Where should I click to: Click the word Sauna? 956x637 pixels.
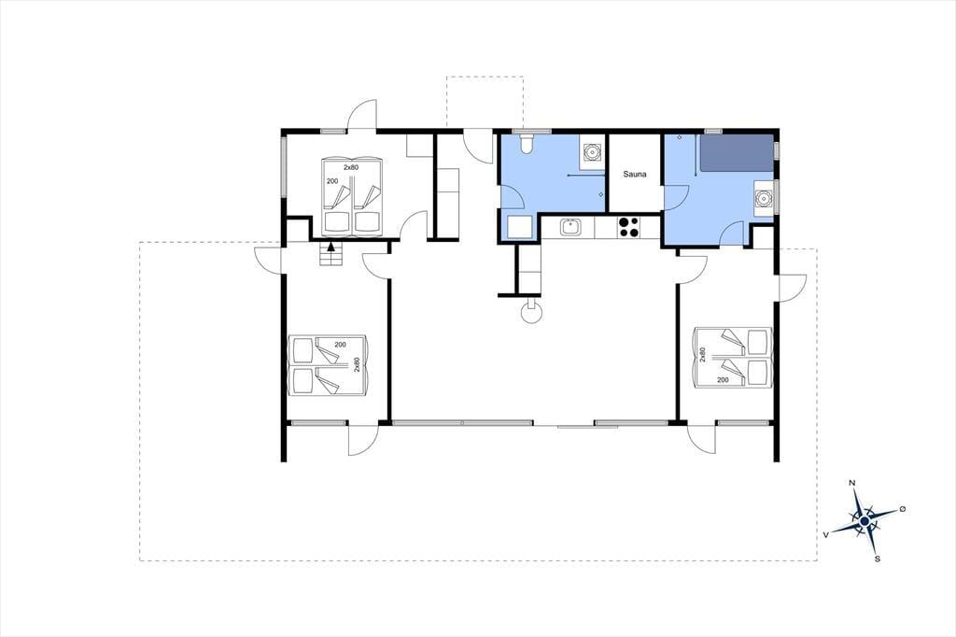pyautogui.click(x=635, y=174)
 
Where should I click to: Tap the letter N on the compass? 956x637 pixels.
pyautogui.click(x=851, y=483)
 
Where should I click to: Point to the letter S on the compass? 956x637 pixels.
pyautogui.click(x=878, y=559)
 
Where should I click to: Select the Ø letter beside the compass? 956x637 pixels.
pyautogui.click(x=903, y=509)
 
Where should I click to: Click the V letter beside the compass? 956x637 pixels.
pyautogui.click(x=826, y=534)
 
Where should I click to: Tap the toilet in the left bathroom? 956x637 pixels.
pyautogui.click(x=527, y=143)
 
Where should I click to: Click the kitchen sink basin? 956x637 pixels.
pyautogui.click(x=570, y=228)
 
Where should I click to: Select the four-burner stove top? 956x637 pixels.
pyautogui.click(x=628, y=227)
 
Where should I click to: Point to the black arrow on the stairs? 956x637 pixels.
pyautogui.click(x=330, y=247)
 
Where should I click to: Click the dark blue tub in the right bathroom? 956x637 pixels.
pyautogui.click(x=736, y=153)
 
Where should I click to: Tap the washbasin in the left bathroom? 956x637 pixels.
pyautogui.click(x=591, y=150)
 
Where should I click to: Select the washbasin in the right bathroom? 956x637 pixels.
pyautogui.click(x=763, y=198)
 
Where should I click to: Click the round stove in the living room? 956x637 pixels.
pyautogui.click(x=531, y=313)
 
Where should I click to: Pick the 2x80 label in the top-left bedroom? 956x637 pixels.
pyautogui.click(x=351, y=167)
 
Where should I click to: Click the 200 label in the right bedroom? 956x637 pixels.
pyautogui.click(x=724, y=380)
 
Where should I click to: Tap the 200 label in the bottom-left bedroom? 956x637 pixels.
pyautogui.click(x=340, y=345)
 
